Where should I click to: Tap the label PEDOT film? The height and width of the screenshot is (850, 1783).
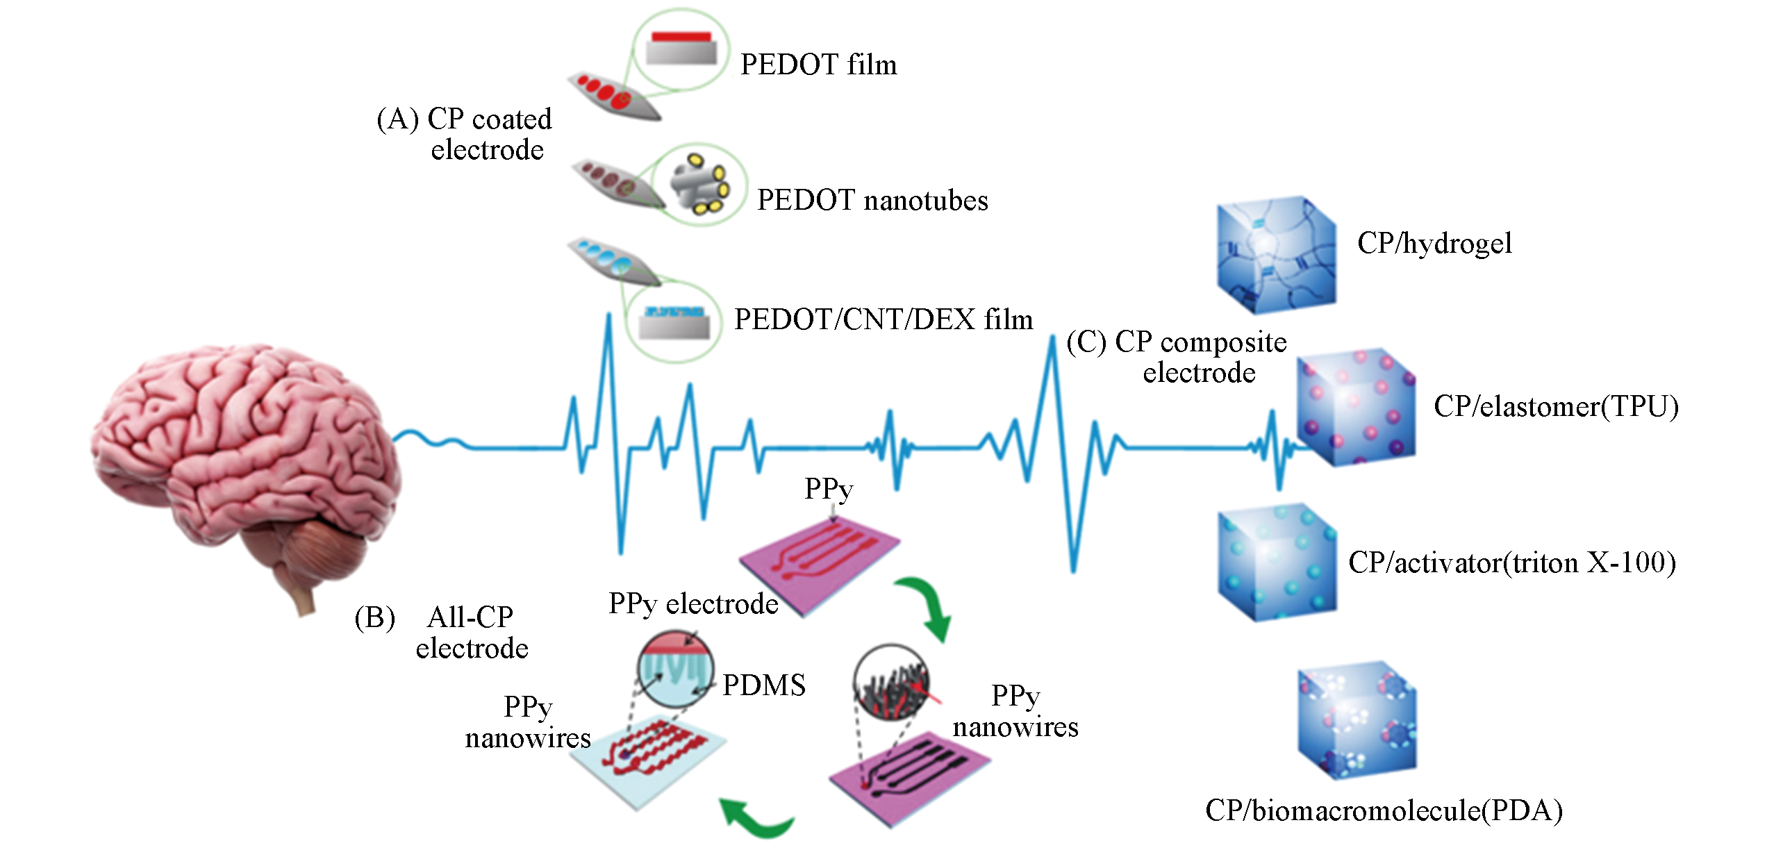click(818, 65)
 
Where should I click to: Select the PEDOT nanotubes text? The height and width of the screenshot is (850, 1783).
click(872, 200)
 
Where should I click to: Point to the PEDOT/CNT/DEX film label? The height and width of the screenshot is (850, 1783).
click(884, 319)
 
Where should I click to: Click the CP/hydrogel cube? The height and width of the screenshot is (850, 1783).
click(1275, 254)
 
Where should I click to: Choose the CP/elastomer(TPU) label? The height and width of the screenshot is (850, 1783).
click(1556, 406)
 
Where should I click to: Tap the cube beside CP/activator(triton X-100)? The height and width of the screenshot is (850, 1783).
click(1277, 562)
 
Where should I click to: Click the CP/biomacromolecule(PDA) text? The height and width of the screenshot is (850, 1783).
click(1384, 810)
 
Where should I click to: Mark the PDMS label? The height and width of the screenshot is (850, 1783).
click(764, 685)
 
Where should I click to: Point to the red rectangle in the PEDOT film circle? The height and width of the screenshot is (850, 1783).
click(681, 37)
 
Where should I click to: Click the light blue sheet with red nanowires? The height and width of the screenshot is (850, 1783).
click(647, 758)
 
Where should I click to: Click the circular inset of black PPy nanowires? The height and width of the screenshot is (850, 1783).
click(891, 683)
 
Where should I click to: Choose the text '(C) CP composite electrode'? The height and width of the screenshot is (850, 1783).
click(1177, 357)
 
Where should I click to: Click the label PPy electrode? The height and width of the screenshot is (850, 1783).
click(693, 604)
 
